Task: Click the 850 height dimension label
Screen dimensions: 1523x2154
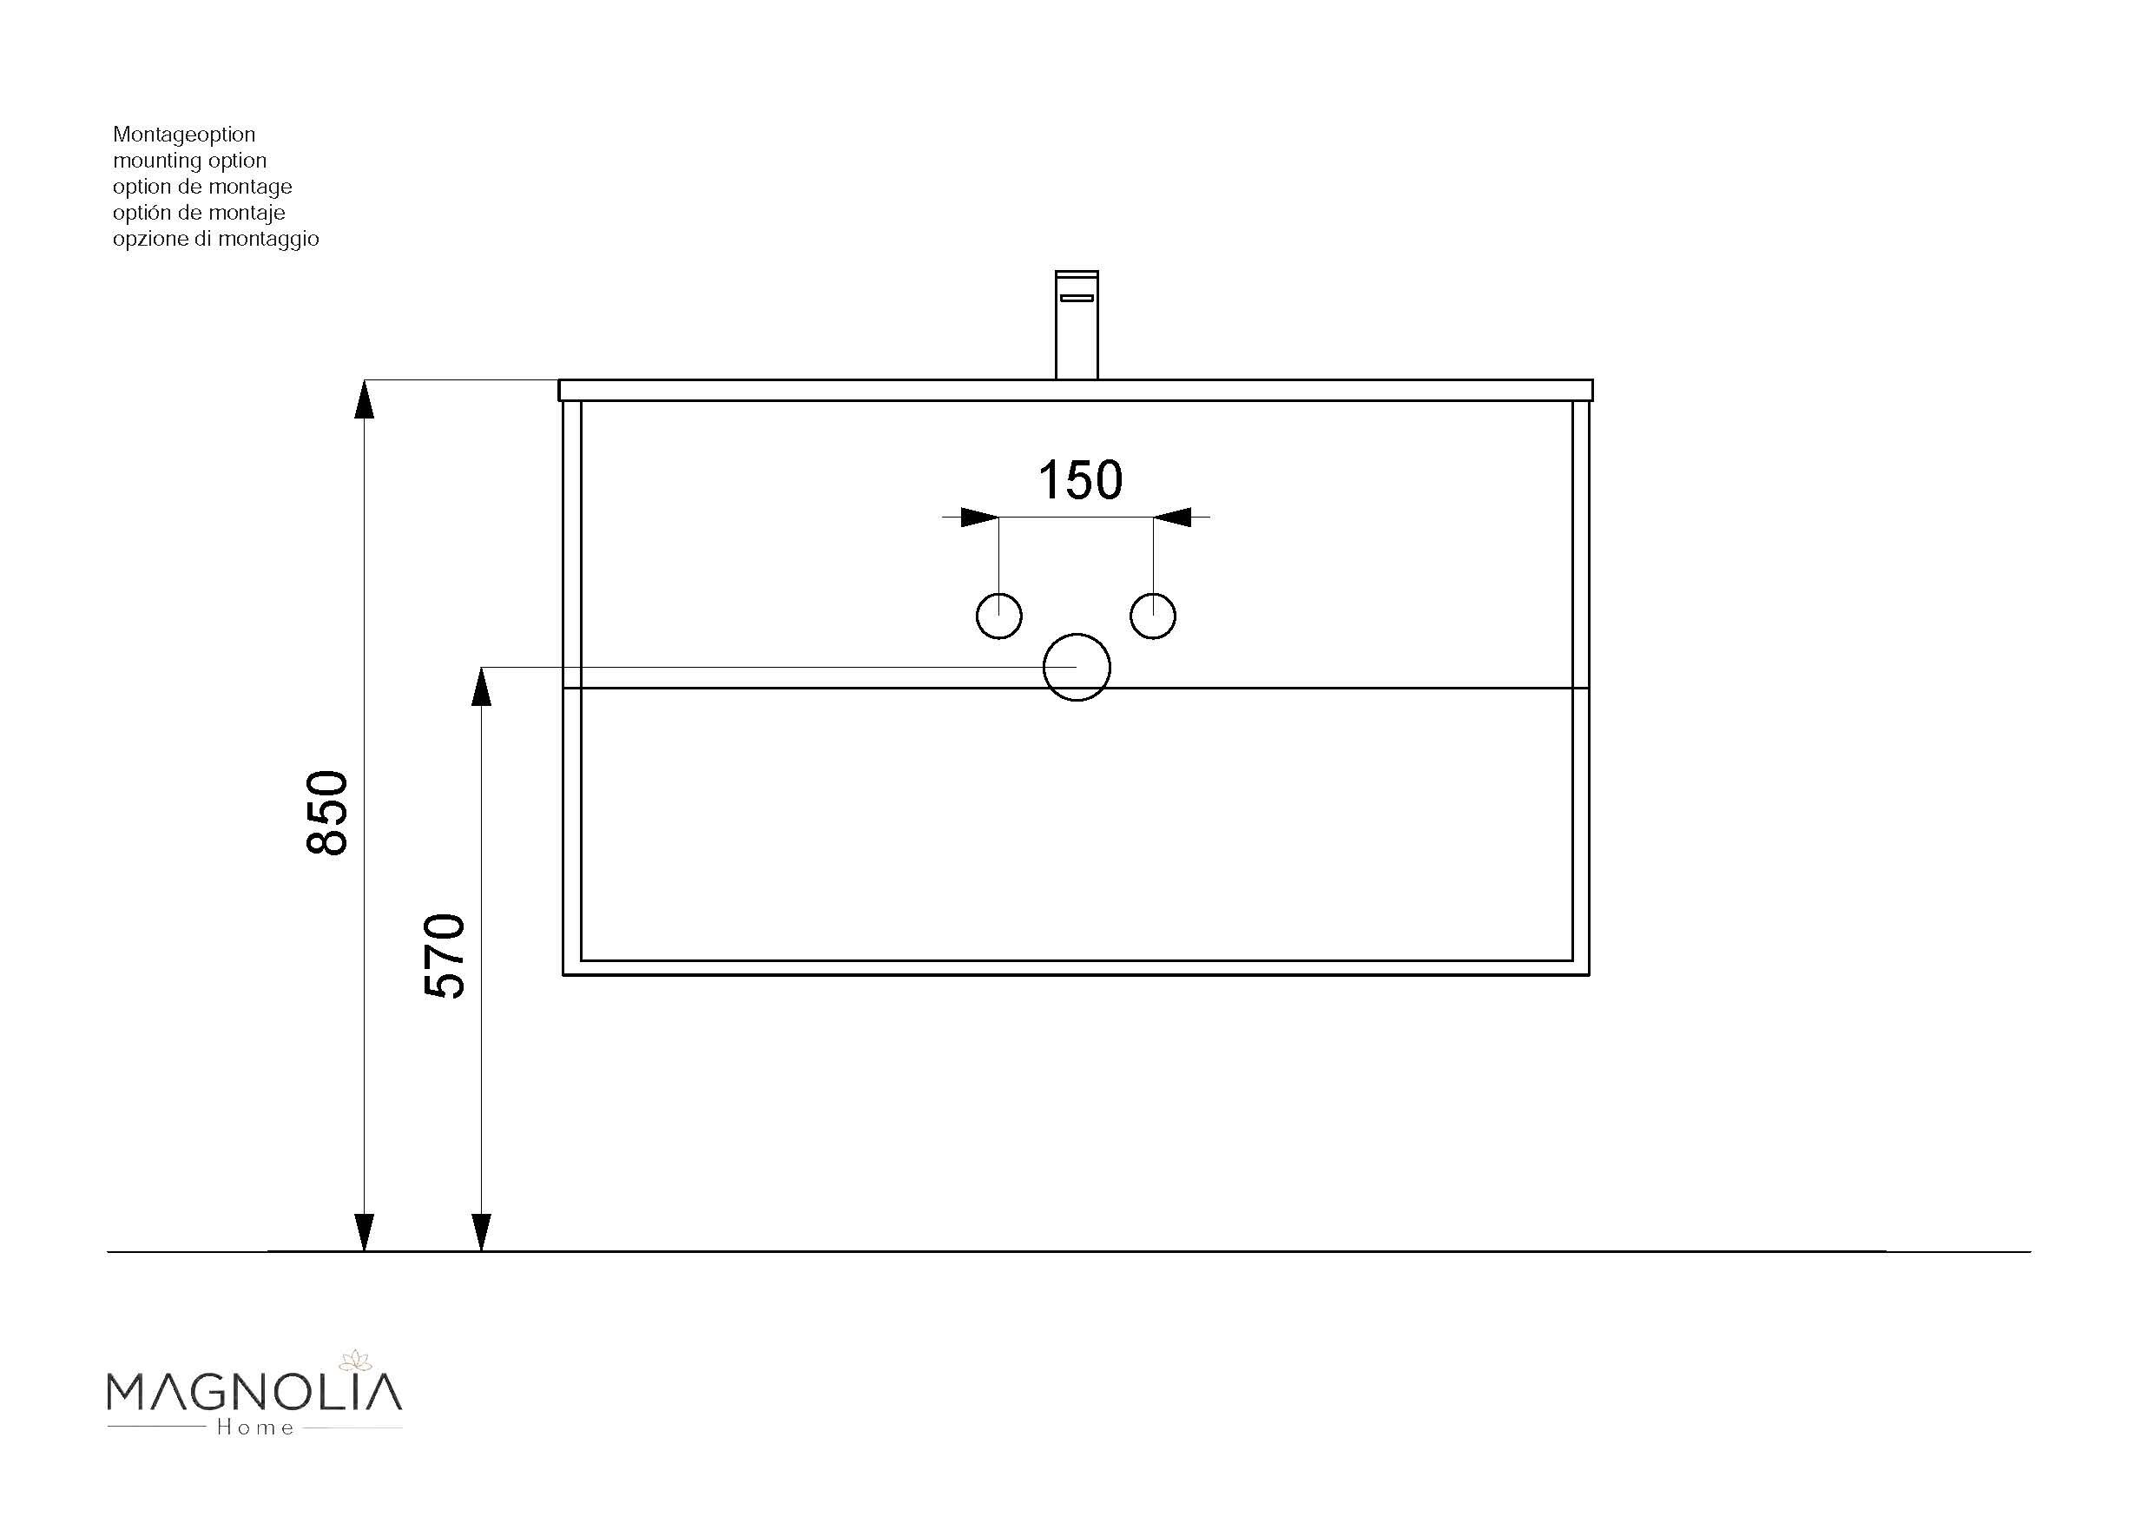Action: (x=327, y=813)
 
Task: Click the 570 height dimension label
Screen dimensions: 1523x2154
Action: (x=445, y=955)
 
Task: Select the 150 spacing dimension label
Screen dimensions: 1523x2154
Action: (x=1080, y=480)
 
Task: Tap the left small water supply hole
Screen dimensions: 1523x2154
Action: (x=999, y=616)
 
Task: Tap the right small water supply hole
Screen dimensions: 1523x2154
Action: (x=1153, y=616)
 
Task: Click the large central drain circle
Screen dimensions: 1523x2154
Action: (x=1077, y=667)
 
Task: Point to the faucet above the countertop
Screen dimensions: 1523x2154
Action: (x=1076, y=325)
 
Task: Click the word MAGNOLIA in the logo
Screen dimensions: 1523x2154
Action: (x=254, y=1394)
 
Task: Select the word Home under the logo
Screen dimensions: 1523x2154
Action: (x=255, y=1428)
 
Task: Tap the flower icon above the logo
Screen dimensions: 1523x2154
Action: (x=356, y=1359)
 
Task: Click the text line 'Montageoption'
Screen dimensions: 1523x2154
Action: (x=184, y=135)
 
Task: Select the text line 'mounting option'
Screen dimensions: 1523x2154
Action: (x=189, y=161)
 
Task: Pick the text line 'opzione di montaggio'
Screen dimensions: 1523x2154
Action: (x=216, y=240)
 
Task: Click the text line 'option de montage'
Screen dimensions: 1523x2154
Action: (x=201, y=187)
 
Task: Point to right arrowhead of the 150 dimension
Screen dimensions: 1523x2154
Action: (x=1172, y=517)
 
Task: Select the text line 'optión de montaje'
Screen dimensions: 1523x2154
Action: (x=199, y=213)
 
